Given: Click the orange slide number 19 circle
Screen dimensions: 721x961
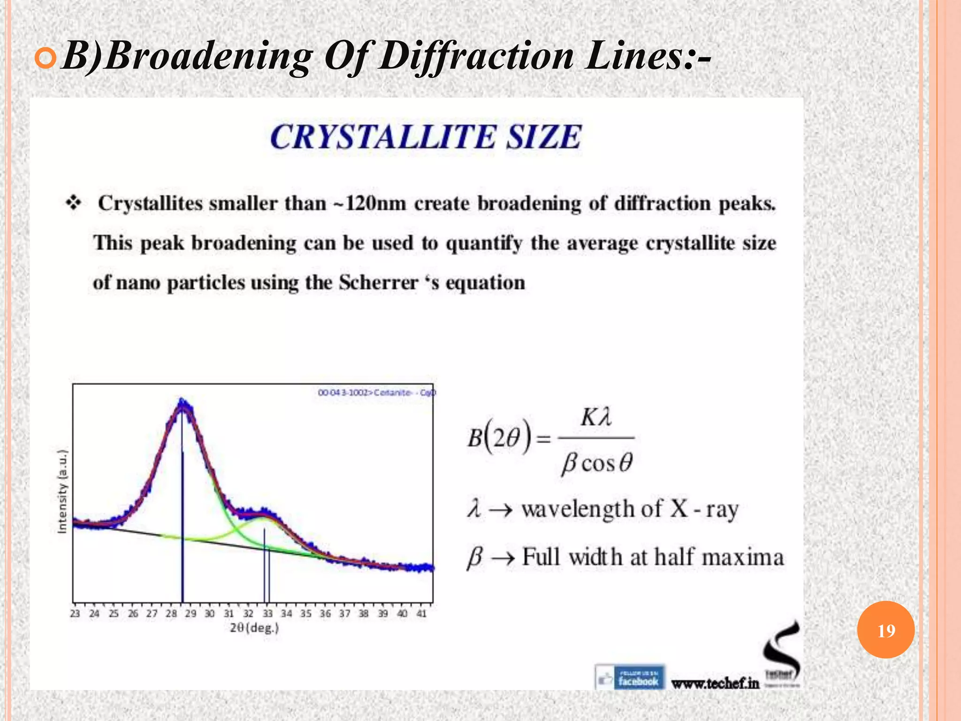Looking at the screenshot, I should [x=885, y=630].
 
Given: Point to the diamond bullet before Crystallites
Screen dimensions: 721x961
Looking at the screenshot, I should [x=74, y=203].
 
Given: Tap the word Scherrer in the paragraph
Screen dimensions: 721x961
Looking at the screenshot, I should [x=378, y=283].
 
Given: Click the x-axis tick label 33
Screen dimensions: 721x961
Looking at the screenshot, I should [x=267, y=614].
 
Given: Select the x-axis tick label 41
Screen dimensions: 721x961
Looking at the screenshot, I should [x=421, y=614].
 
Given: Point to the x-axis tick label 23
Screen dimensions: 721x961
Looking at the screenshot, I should [x=75, y=614].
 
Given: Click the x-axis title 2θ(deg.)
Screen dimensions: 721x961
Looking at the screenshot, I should [x=254, y=628].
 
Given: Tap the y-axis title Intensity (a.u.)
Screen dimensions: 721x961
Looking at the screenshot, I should [x=62, y=491].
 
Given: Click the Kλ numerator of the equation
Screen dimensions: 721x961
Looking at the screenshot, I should [x=596, y=417].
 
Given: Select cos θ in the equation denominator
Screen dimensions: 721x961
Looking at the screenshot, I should [x=607, y=463].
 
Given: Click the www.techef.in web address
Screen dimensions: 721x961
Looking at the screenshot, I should [x=715, y=683].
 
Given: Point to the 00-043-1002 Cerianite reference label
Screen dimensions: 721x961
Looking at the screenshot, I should [x=376, y=392].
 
